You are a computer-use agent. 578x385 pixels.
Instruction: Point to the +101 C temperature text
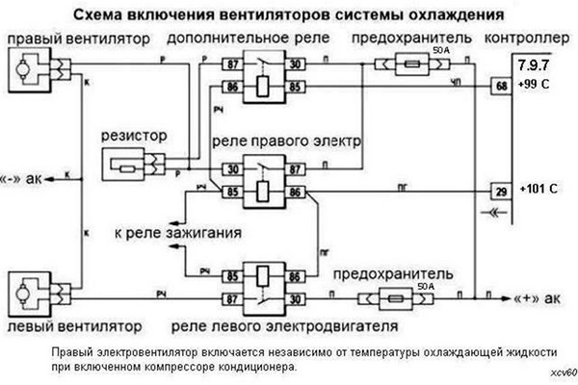[x=539, y=189]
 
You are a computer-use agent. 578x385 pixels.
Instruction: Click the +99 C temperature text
[x=535, y=86]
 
